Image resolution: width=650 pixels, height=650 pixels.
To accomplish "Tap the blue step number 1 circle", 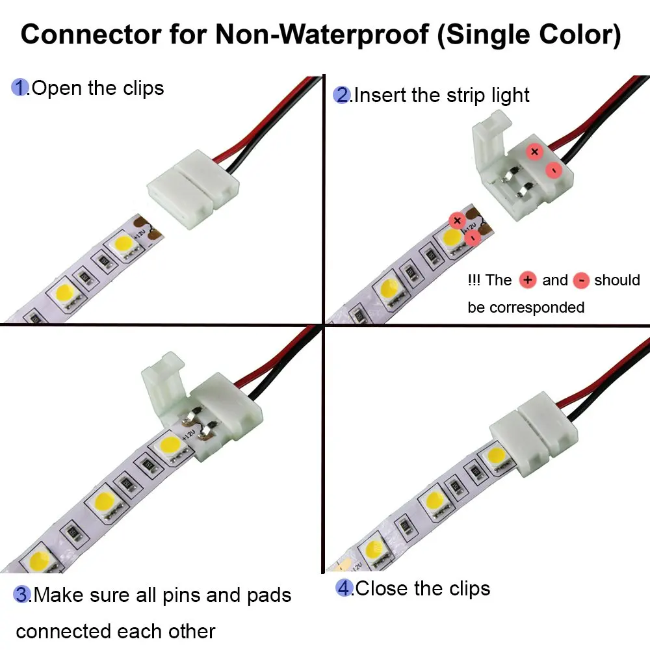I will pos(20,88).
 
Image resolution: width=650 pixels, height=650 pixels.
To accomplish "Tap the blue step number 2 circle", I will pos(342,96).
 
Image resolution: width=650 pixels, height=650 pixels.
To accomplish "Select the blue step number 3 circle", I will pos(23,595).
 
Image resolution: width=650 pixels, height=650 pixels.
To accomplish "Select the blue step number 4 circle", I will pos(344,588).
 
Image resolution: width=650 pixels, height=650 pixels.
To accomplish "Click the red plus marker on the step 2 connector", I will pos(534,151).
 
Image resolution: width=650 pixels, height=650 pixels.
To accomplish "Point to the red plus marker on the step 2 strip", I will pos(457,220).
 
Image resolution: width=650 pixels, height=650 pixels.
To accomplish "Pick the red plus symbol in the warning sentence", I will pos(528,280).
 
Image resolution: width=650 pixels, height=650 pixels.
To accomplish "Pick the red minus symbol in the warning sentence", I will pos(582,280).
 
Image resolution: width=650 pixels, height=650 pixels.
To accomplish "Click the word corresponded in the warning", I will pos(536,307).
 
